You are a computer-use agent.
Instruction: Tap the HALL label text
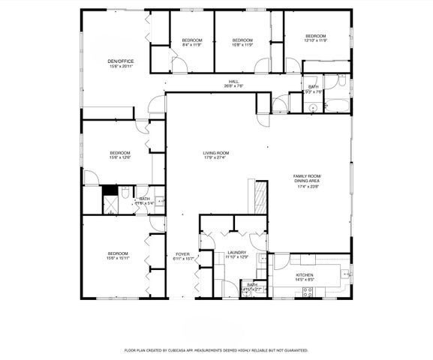click(x=234, y=81)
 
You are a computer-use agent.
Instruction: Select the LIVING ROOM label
click(x=215, y=153)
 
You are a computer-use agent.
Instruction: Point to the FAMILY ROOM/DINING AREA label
click(x=306, y=178)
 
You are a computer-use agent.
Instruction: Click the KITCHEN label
click(x=304, y=275)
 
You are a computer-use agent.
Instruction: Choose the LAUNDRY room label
click(x=237, y=253)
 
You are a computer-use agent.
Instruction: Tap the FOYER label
click(x=183, y=254)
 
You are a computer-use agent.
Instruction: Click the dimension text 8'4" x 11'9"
click(x=192, y=45)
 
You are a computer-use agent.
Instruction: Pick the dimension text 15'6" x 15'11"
click(x=118, y=259)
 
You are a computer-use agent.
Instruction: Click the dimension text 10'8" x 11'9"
click(x=241, y=45)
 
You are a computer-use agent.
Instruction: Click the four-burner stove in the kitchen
click(x=307, y=292)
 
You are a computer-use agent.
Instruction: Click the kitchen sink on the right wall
click(x=347, y=276)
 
